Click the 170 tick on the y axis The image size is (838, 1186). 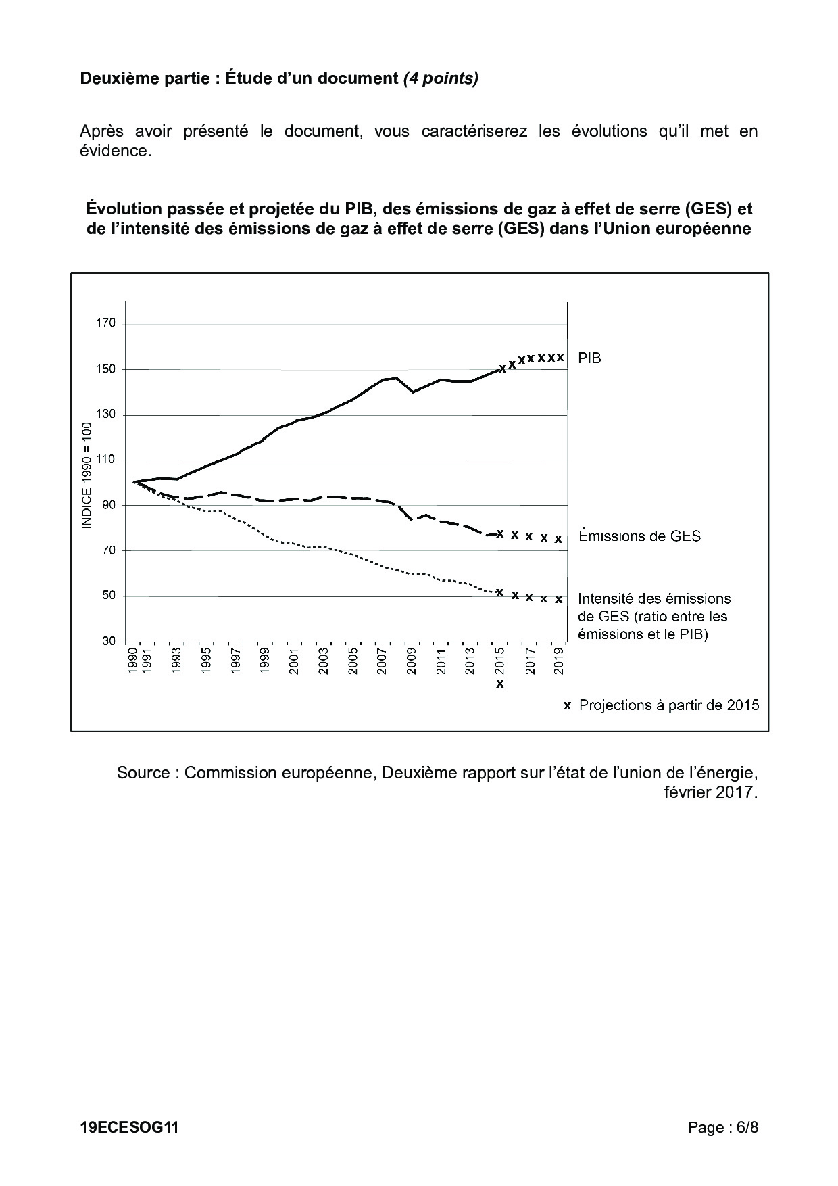(105, 323)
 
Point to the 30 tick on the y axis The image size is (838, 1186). (108, 641)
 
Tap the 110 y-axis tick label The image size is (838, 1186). (105, 460)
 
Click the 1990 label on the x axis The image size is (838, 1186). (133, 661)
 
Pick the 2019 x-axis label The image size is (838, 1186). (560, 661)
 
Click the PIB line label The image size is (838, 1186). (589, 358)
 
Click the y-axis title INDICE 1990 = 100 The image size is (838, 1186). (87, 475)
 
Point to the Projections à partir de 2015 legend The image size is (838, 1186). (669, 705)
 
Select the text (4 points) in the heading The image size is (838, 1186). (441, 78)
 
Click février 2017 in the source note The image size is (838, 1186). (710, 792)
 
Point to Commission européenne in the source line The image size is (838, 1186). (279, 772)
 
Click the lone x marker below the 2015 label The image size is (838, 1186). (500, 684)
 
